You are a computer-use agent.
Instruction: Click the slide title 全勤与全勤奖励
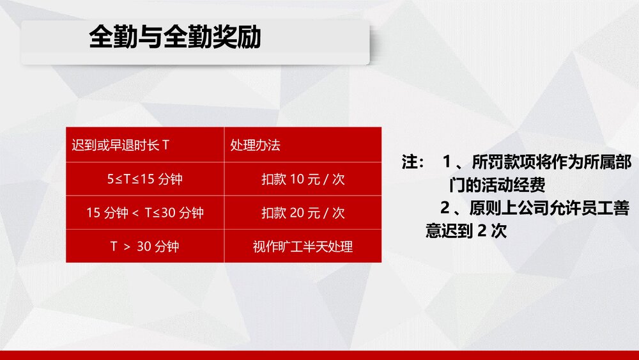[x=175, y=38]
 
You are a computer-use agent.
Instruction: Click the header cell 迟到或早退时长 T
[x=121, y=145]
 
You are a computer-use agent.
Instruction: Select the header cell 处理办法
[x=256, y=145]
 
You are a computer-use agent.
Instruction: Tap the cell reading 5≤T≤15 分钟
[x=145, y=179]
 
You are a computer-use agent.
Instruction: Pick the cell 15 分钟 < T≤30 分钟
[x=145, y=212]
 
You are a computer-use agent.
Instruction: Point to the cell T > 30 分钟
[x=145, y=246]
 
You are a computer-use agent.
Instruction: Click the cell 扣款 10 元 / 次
[x=303, y=179]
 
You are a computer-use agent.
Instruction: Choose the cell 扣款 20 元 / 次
[x=303, y=212]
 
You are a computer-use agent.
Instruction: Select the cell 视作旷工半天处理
[x=303, y=246]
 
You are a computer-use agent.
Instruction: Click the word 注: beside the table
[x=412, y=162]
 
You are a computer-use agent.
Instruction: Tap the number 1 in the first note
[x=447, y=162]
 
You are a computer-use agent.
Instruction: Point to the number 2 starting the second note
[x=445, y=208]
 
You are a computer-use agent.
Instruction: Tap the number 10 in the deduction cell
[x=297, y=179]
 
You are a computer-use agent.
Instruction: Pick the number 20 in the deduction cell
[x=297, y=212]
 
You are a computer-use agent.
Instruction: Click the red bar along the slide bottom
[x=319, y=355]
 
